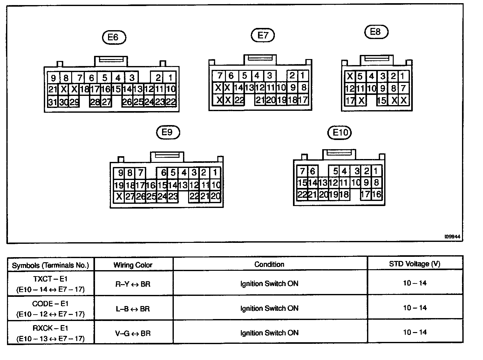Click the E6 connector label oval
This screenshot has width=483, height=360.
tap(114, 37)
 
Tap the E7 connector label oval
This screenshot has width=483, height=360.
tap(262, 35)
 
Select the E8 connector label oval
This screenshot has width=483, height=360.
tap(376, 32)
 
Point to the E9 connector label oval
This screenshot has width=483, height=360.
tap(168, 132)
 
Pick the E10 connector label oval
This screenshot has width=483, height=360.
tap(340, 133)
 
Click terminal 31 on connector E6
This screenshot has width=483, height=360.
tap(53, 102)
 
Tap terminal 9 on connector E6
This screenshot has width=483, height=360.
tap(53, 78)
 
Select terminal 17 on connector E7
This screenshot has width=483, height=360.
tap(303, 100)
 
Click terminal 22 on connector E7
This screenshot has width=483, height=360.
tap(239, 100)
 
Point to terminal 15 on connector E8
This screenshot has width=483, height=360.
tap(382, 100)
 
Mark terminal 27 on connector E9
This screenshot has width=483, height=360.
tap(130, 197)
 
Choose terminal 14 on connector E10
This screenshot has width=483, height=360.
tap(313, 183)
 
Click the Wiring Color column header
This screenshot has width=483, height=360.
tap(133, 265)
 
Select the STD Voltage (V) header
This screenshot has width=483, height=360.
tap(414, 264)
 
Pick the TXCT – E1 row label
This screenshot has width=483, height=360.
tap(51, 279)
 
